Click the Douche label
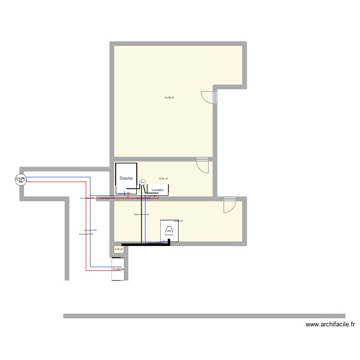126,178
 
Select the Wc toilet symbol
169,231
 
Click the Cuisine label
118,270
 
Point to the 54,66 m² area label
169,97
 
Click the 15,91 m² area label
163,179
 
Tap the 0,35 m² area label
119,250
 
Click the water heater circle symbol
20,179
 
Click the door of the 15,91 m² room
204,166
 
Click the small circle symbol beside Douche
142,182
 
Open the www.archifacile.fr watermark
330,325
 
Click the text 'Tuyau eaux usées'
142,215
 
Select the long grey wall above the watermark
211,316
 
